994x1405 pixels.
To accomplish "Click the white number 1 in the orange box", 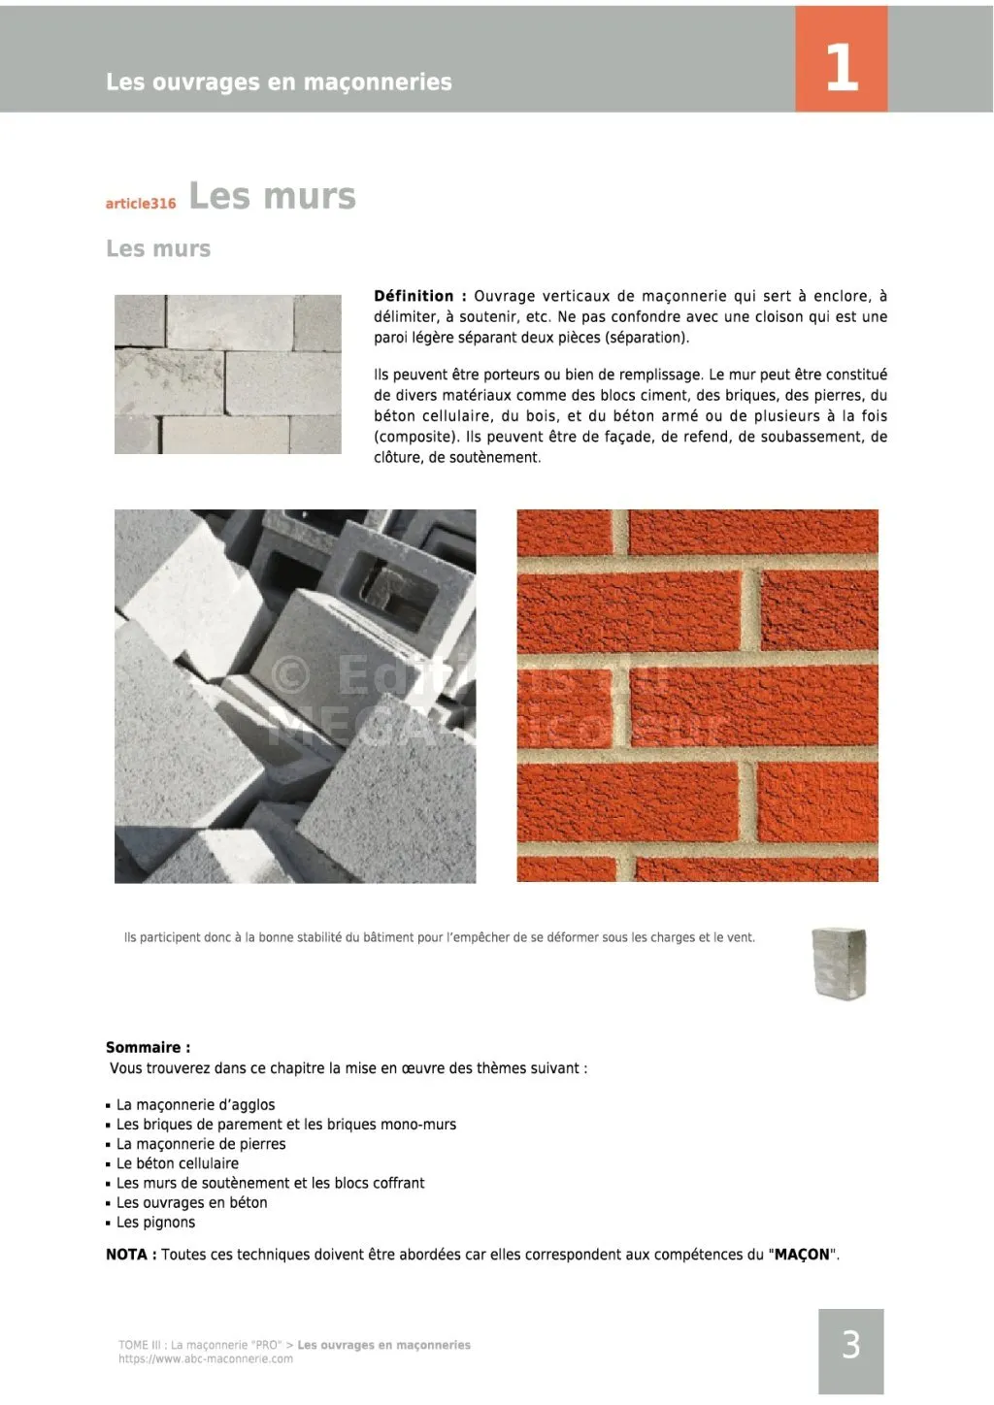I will pos(841,67).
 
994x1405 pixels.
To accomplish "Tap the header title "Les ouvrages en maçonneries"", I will pos(279,82).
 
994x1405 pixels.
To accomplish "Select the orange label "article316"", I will pos(141,204).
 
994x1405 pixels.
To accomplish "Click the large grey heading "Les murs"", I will pos(272,196).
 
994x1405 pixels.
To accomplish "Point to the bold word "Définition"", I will pos(414,296).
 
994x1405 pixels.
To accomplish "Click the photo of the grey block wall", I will pos(228,375).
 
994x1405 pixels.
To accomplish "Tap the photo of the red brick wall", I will pos(697,695).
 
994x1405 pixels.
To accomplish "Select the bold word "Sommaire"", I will pos(144,1048).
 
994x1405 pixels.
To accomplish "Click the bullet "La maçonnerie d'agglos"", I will pos(195,1105).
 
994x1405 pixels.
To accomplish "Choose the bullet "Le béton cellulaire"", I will pos(177,1163).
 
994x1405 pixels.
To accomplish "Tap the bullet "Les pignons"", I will pos(155,1223).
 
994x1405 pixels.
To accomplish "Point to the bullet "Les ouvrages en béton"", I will pos(191,1203).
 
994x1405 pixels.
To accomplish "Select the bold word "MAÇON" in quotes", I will pos(802,1255).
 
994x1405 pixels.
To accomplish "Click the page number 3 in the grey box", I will pos(850,1345).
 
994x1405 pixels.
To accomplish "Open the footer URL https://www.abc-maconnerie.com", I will pos(206,1359).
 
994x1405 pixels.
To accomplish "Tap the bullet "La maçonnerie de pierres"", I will pos(201,1144).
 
